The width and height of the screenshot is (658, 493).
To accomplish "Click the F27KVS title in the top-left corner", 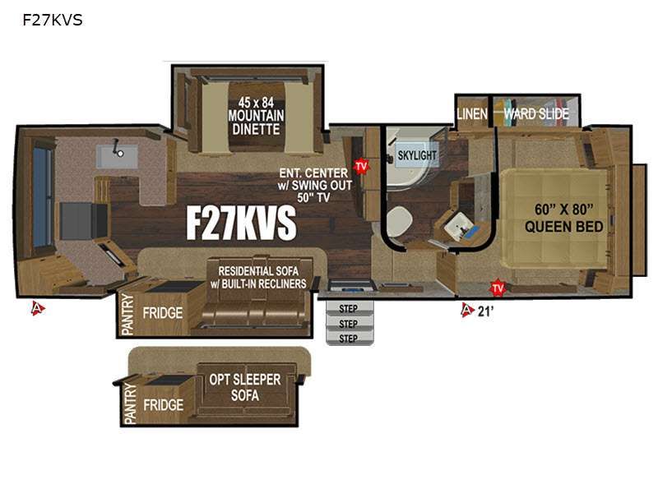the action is click(53, 20).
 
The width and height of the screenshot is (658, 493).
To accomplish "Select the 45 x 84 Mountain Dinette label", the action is click(256, 116).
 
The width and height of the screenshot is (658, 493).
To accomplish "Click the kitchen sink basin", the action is click(117, 156).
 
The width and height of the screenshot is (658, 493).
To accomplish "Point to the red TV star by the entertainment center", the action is click(360, 166).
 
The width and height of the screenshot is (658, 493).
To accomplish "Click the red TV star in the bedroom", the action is click(498, 288).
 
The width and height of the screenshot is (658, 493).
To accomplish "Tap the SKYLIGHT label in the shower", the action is click(417, 155).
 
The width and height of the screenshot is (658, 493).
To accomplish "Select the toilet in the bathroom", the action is click(399, 221).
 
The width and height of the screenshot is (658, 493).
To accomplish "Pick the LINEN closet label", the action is click(472, 113).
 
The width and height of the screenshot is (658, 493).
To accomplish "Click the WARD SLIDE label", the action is click(536, 113).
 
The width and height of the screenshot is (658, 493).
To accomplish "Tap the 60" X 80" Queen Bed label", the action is click(564, 218).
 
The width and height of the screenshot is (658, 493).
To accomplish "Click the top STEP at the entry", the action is click(348, 309).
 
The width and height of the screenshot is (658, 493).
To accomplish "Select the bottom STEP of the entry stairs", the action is click(348, 339).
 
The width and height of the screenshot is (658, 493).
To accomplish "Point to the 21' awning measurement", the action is click(485, 311).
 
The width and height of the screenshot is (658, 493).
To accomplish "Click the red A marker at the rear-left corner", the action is click(38, 309).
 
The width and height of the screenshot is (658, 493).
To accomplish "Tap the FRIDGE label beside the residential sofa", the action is click(163, 313).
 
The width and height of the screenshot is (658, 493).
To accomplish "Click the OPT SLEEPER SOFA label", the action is click(245, 387).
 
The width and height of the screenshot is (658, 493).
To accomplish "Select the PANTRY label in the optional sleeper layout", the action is click(131, 403).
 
